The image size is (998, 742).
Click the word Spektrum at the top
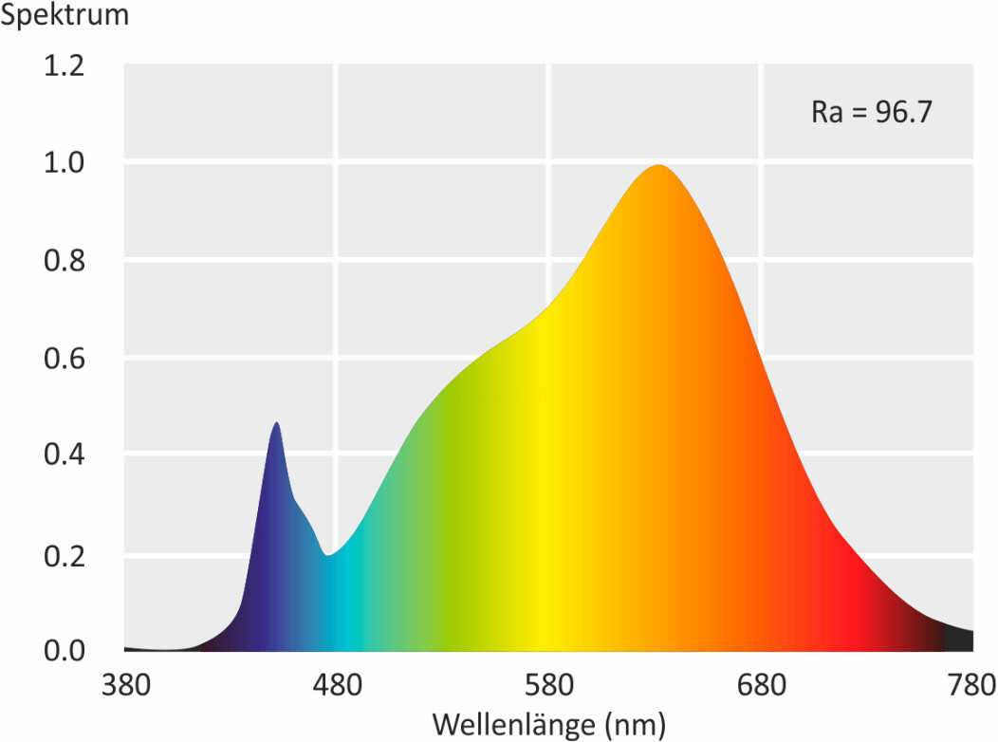65,15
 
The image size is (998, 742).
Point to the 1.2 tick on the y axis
64,65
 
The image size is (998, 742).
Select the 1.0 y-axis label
64,163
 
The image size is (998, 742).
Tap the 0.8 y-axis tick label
64,261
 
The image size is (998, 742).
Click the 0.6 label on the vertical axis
64,359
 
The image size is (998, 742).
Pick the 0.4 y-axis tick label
64,454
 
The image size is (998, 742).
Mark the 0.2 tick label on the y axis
64,556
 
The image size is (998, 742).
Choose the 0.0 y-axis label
64,650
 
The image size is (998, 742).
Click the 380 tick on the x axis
126,685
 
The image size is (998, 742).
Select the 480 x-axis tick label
338,685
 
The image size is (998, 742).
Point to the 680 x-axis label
761,685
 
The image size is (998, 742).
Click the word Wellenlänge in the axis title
515,724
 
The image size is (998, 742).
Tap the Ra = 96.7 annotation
871,112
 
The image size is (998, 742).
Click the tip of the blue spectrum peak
276,422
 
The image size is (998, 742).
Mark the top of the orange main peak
658,165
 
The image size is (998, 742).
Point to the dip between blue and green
328,555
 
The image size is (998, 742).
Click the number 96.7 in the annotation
904,112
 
